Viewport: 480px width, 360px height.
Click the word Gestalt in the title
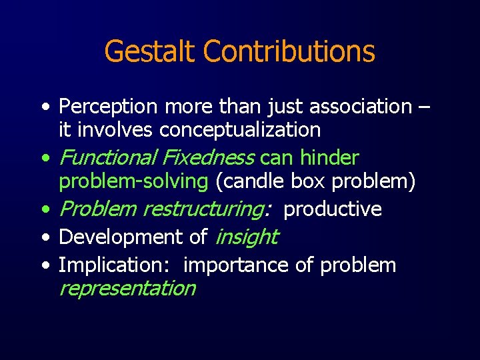coord(150,51)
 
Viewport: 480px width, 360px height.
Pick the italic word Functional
coord(107,158)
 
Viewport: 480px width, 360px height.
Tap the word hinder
coord(329,158)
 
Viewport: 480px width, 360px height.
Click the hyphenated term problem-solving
coord(133,181)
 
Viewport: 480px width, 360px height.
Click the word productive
coord(333,209)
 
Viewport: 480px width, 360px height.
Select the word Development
coord(109,237)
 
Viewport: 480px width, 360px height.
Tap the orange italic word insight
coord(246,237)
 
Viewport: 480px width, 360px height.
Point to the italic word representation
coord(127,288)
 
